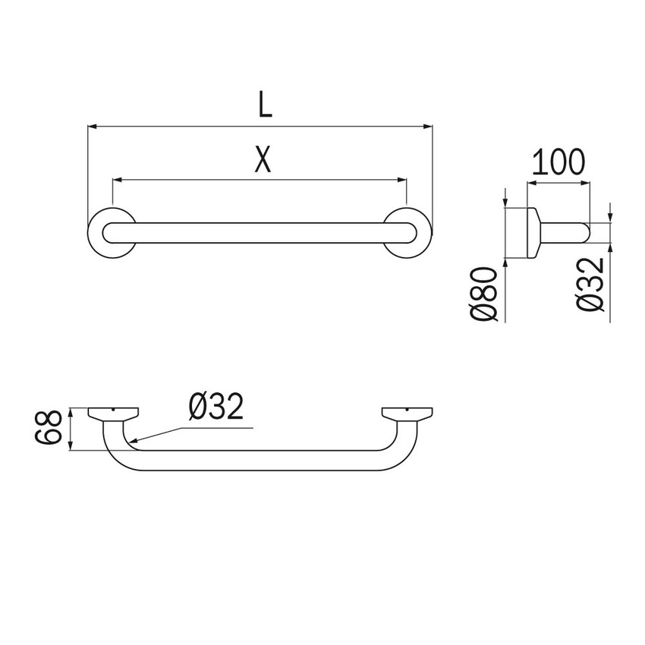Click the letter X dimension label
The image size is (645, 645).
pyautogui.click(x=262, y=160)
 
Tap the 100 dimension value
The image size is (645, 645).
pyautogui.click(x=558, y=162)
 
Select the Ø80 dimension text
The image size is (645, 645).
pyautogui.click(x=485, y=293)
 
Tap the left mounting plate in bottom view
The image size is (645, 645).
pyautogui.click(x=113, y=414)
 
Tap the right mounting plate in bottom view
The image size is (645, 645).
pyautogui.click(x=407, y=414)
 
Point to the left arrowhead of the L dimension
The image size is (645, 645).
pyautogui.click(x=93, y=126)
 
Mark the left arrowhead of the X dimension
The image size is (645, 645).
pyautogui.click(x=116, y=181)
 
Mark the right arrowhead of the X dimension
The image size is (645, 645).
pyautogui.click(x=403, y=181)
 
